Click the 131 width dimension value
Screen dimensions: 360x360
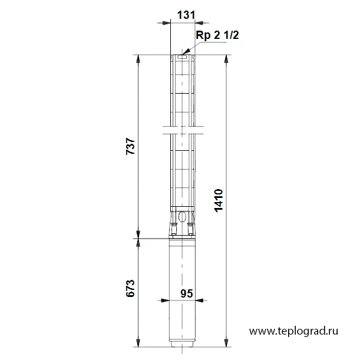coord(186,15)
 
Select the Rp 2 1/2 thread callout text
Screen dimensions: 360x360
coord(217,35)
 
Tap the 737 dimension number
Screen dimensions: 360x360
coord(130,146)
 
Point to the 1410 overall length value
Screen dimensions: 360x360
coord(219,200)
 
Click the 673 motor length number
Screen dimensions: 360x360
coord(130,288)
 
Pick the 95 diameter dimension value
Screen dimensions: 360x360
coord(186,293)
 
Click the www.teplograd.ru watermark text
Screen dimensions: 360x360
coord(293,331)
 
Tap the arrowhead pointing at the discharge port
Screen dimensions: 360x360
coord(186,51)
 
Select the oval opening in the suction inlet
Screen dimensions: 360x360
coord(182,216)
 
